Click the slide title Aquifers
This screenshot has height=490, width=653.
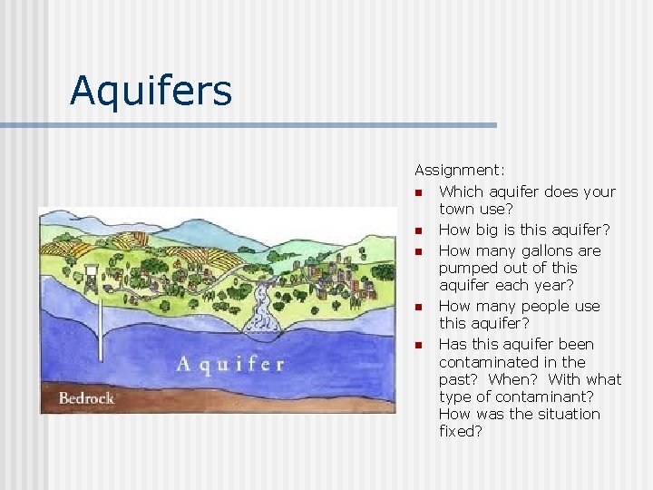click(x=151, y=90)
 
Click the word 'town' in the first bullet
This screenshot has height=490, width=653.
click(x=458, y=209)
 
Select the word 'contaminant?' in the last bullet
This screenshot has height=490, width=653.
click(x=552, y=397)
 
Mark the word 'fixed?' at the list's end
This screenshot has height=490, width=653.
click(x=461, y=432)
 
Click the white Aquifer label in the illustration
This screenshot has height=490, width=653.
click(x=230, y=365)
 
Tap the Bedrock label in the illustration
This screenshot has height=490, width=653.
click(x=86, y=397)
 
